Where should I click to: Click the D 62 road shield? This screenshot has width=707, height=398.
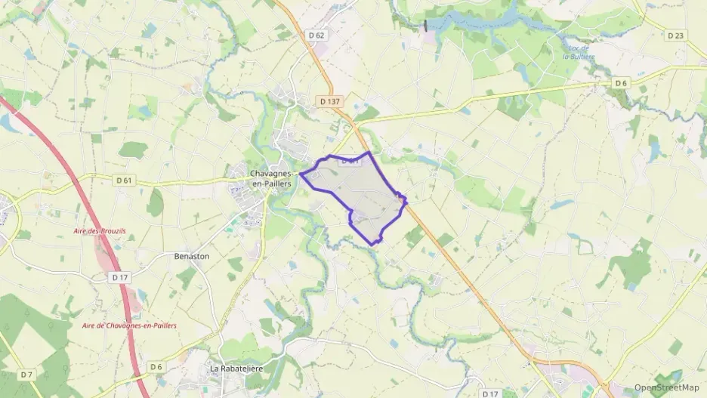point(317,35)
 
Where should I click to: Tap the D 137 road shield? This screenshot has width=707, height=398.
point(329,100)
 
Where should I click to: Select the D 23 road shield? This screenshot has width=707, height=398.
point(676,35)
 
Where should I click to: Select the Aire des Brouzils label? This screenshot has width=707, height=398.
point(97,230)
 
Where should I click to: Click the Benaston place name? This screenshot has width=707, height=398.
point(192,256)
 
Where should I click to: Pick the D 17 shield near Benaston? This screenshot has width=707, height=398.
point(119,277)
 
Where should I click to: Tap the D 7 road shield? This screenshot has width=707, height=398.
point(27,375)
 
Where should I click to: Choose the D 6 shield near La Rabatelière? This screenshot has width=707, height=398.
point(156,367)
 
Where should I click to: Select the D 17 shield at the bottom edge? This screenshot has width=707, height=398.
point(489,393)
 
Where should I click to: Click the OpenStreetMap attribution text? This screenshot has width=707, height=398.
point(666,387)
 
